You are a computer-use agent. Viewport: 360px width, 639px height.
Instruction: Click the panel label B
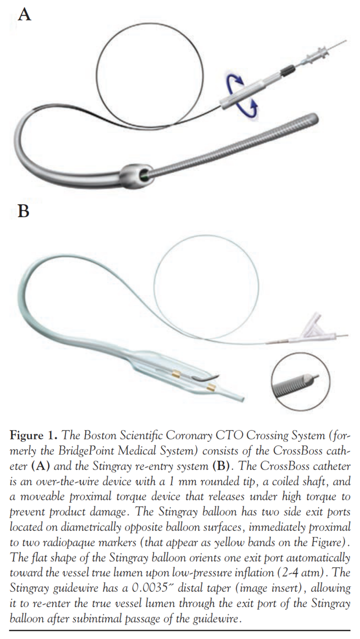24,212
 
